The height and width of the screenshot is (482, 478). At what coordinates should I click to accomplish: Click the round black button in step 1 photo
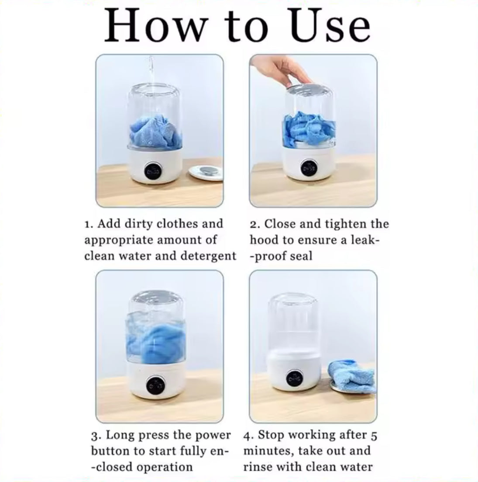coord(153,170)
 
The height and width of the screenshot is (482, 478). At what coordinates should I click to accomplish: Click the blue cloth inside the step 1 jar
coord(155,130)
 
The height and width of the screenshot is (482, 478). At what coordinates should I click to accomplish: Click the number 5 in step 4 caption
coord(374,436)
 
